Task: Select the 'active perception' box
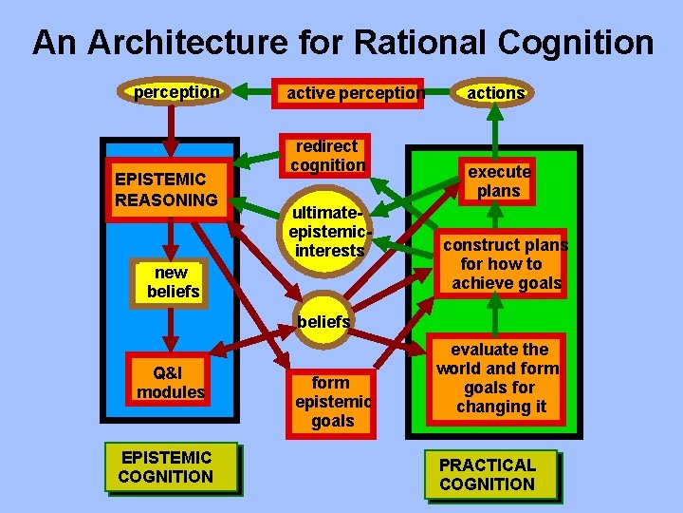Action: tap(350, 93)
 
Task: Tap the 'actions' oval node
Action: tap(495, 93)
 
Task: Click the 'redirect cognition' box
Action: tap(327, 157)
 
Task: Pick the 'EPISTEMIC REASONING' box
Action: tap(166, 189)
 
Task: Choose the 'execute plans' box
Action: tap(499, 180)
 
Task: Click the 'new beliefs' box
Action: tap(172, 282)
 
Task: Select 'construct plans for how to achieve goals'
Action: tap(506, 264)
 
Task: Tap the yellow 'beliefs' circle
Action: tap(323, 321)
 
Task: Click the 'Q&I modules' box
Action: tap(171, 383)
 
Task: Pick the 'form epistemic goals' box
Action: tap(330, 401)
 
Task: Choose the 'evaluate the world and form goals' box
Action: tap(499, 378)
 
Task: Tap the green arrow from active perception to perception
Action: tap(252, 92)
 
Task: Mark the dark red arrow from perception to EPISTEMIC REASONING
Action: tap(171, 128)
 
